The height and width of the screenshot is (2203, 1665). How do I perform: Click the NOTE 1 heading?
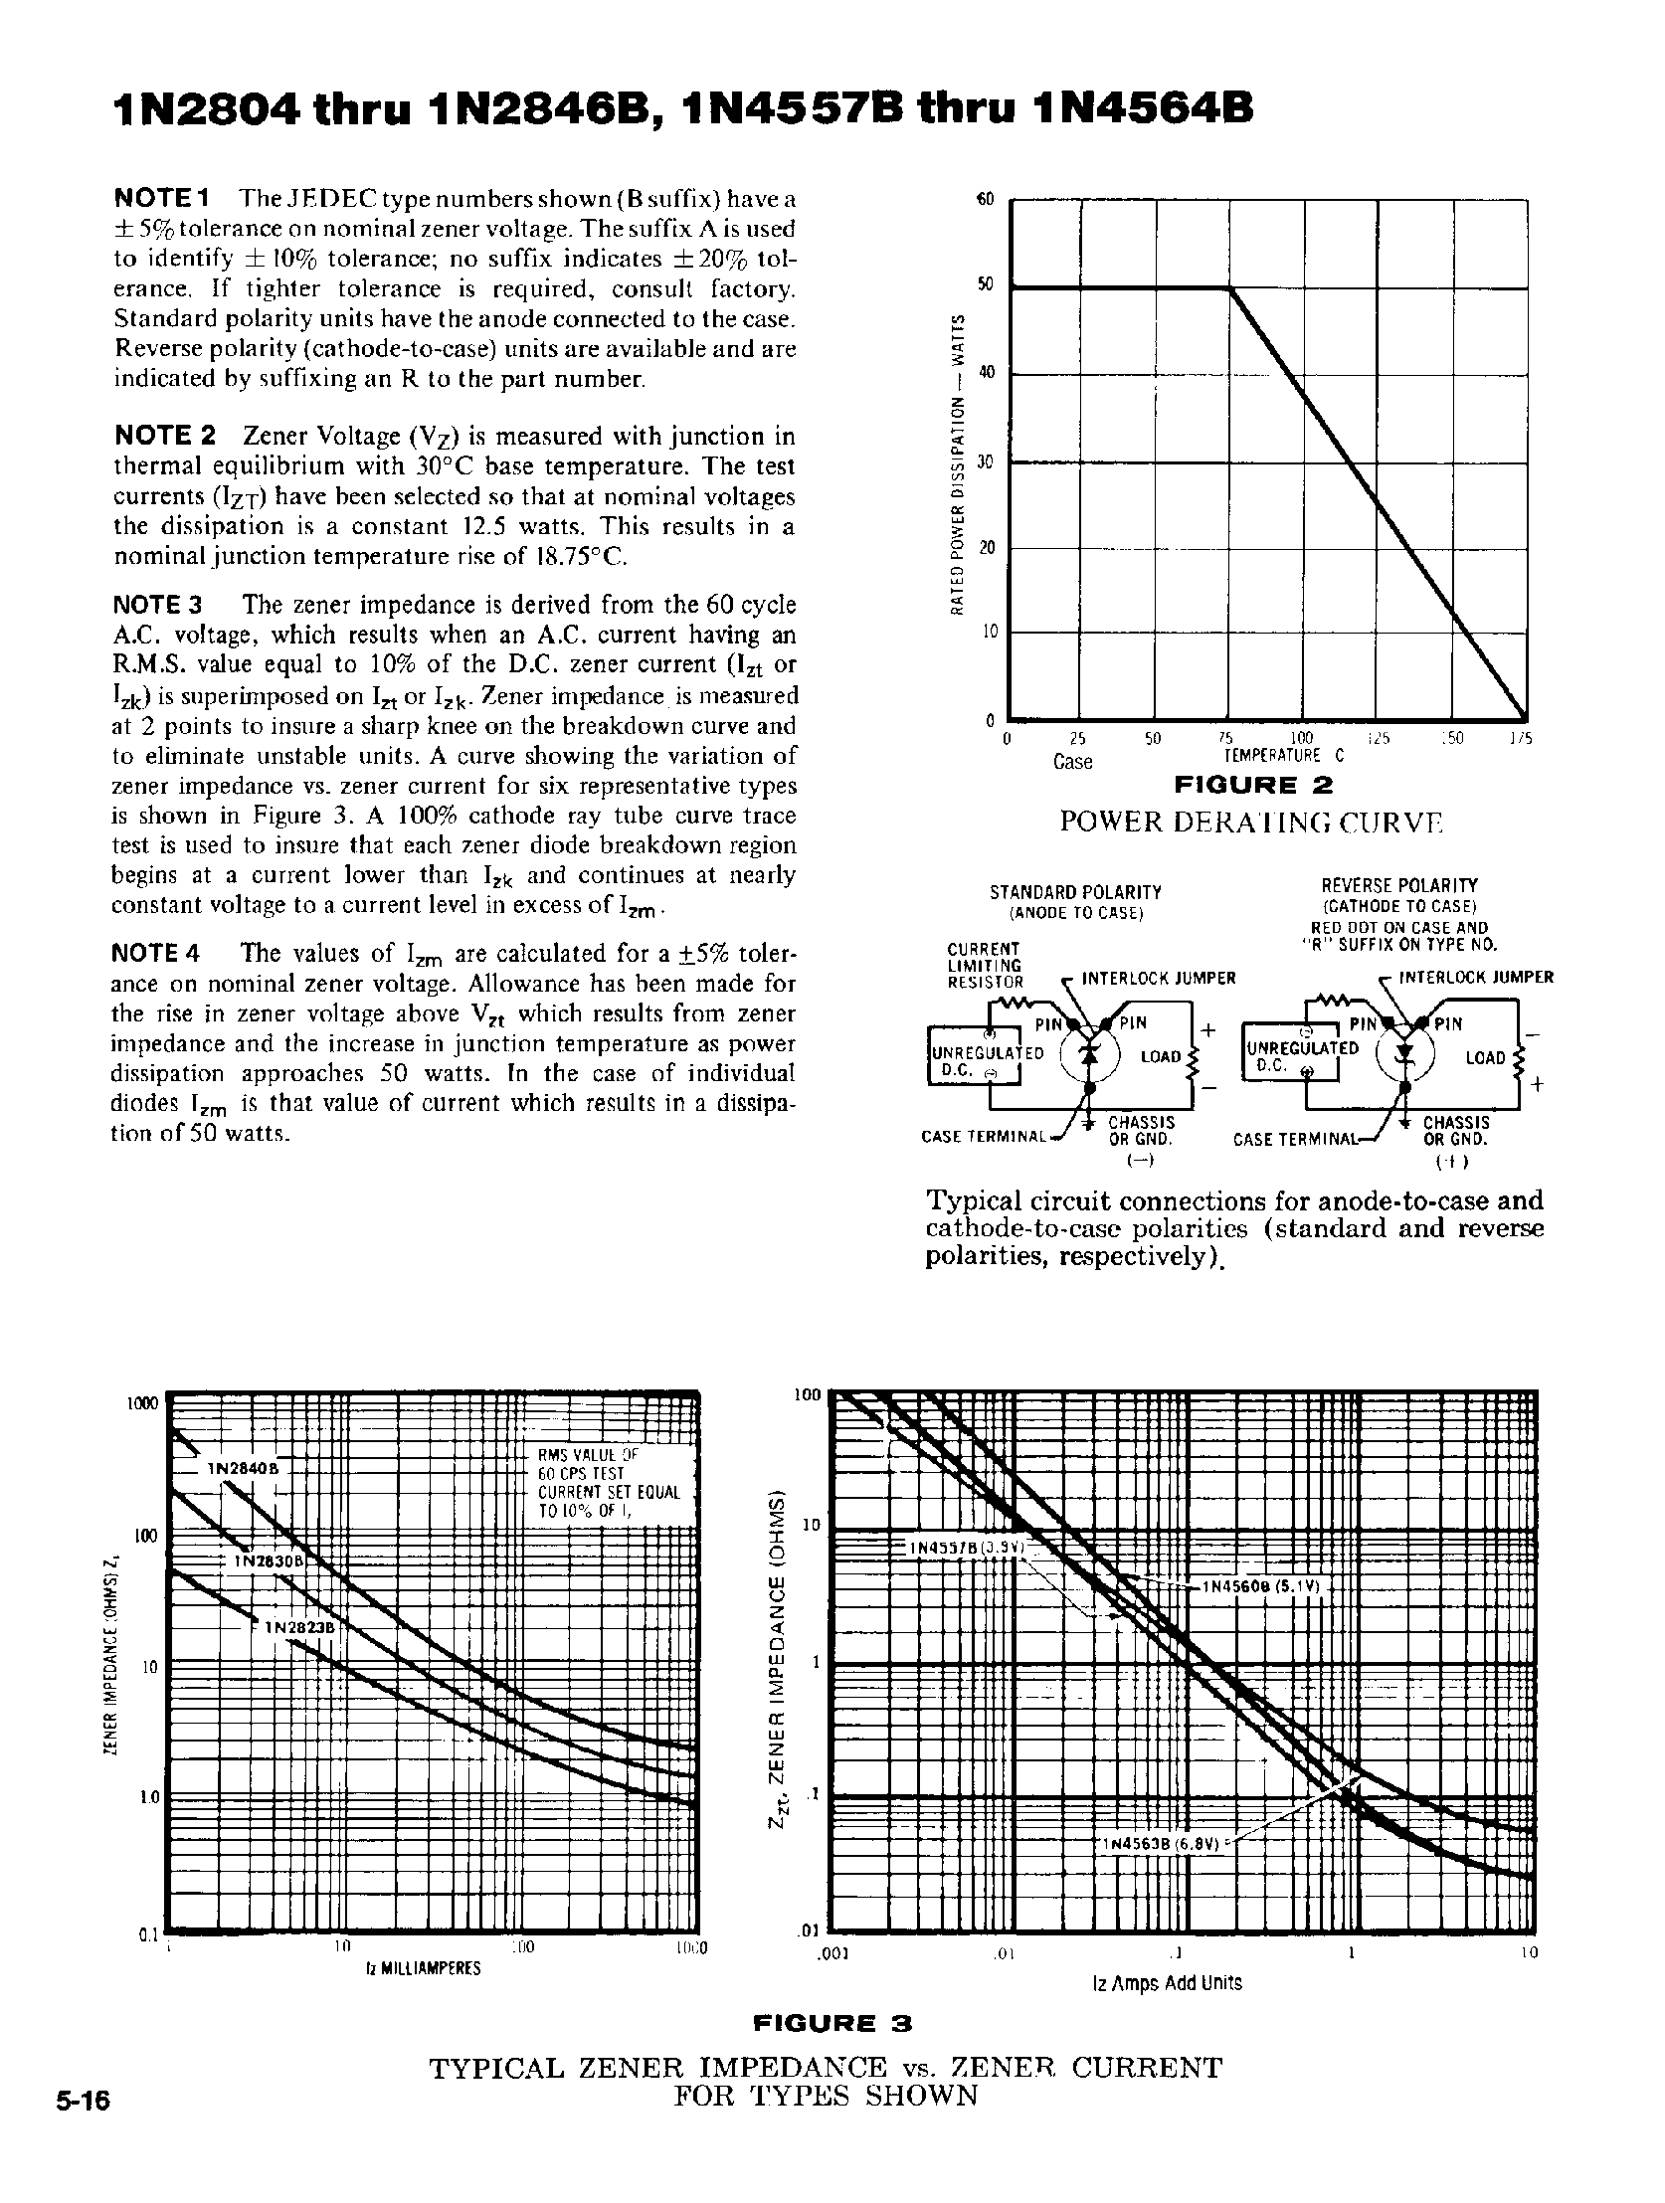pos(160,198)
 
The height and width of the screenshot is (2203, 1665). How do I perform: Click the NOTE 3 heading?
pos(158,605)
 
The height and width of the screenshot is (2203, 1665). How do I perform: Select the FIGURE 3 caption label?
pos(832,2023)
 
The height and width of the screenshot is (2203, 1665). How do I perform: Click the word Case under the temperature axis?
pos(1072,762)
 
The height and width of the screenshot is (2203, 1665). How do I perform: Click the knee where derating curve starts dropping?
pos(1230,288)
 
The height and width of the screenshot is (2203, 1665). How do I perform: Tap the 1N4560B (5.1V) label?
pos(1262,1587)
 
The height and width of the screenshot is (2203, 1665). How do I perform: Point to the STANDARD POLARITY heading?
pos(1075,892)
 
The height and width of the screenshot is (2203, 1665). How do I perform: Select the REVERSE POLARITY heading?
pos(1399,885)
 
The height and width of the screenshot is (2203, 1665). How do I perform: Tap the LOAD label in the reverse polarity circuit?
pos(1484,1057)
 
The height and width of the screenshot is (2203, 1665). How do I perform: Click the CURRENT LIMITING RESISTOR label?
pos(984,965)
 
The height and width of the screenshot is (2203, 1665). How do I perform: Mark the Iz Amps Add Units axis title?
pos(1167,1983)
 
